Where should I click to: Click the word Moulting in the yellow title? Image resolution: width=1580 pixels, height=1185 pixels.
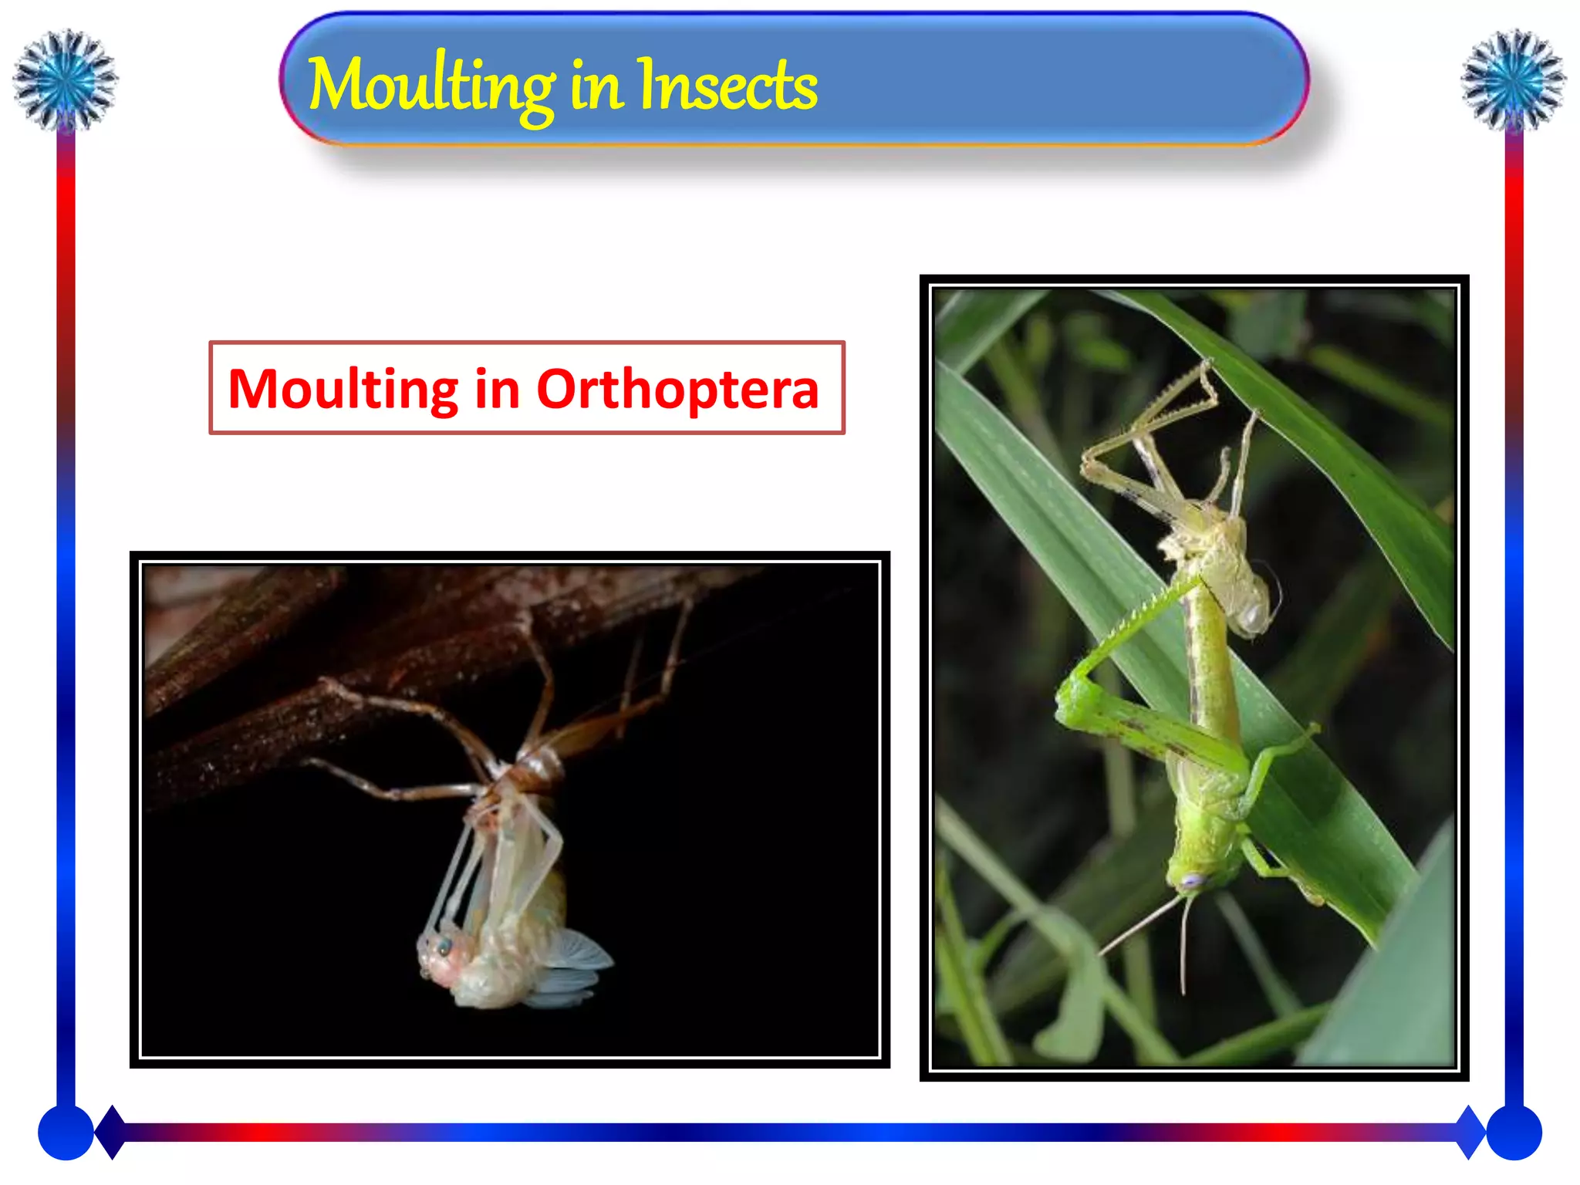(x=430, y=86)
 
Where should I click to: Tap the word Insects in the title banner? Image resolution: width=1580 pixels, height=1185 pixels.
(x=727, y=86)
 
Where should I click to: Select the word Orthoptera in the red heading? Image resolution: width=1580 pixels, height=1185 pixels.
(x=677, y=389)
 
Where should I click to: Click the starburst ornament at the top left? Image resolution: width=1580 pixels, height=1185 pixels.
(x=65, y=79)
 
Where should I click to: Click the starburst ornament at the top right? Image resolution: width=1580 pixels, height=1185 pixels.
(x=1513, y=79)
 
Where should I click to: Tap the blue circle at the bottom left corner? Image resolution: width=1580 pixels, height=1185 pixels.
(x=66, y=1132)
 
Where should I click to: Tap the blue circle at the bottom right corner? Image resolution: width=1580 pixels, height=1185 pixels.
(x=1514, y=1132)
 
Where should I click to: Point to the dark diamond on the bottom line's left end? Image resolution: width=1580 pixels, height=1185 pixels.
(x=112, y=1132)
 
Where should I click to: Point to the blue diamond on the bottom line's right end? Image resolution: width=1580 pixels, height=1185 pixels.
(x=1470, y=1132)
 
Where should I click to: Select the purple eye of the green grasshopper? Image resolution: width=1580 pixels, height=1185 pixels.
(x=1193, y=879)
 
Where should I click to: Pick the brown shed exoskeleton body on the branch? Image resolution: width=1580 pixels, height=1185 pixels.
(x=540, y=764)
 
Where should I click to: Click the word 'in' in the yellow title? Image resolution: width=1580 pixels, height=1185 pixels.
(x=596, y=86)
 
